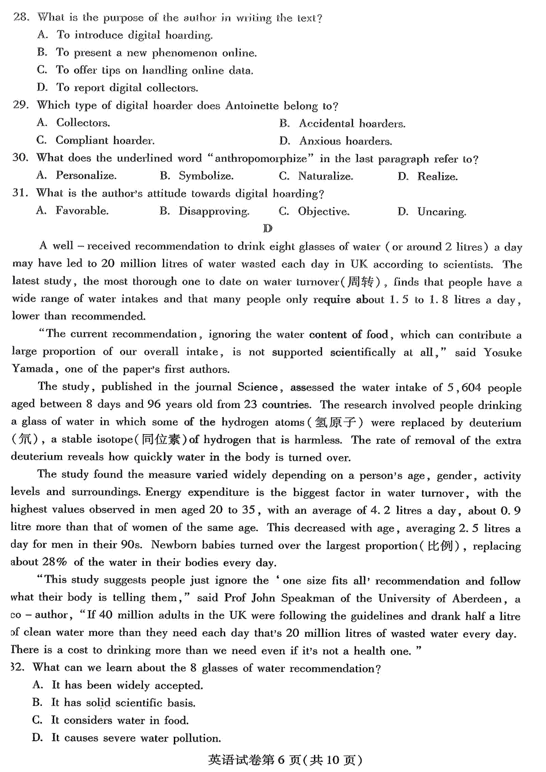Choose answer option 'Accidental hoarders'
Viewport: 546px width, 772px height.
(x=351, y=123)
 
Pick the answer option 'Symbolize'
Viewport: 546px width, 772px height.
(x=206, y=176)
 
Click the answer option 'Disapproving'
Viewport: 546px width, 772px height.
(x=213, y=211)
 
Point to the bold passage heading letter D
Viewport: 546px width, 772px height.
(x=268, y=228)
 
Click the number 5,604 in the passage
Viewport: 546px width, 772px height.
(x=464, y=388)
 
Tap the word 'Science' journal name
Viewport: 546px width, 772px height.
(x=258, y=387)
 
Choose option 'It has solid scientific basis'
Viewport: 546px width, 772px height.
(x=123, y=703)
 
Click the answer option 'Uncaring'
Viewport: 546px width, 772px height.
(x=441, y=212)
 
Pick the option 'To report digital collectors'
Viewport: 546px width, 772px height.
(x=127, y=87)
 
